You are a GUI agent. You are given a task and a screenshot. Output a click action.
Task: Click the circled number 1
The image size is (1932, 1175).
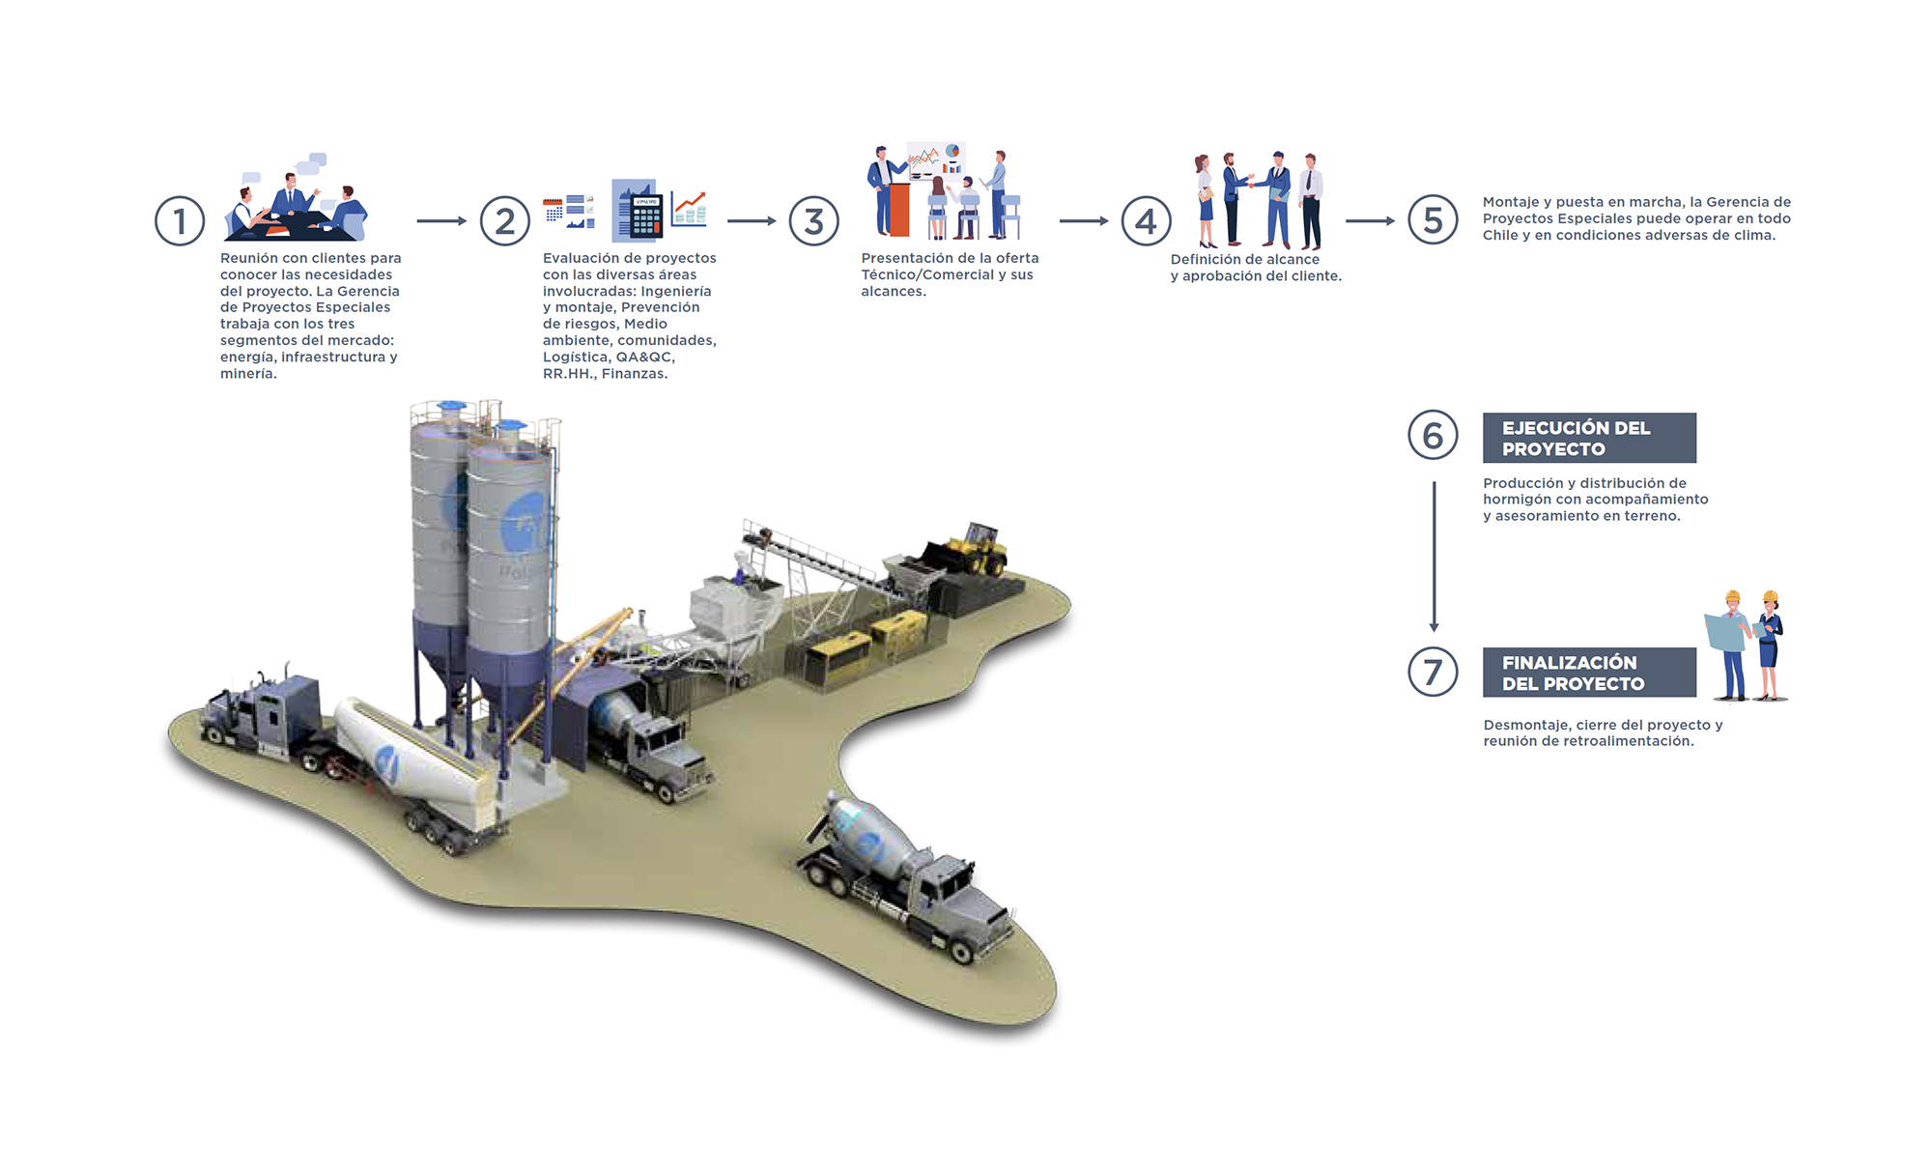click(x=180, y=220)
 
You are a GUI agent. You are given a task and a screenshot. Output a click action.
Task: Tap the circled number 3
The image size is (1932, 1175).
click(x=813, y=220)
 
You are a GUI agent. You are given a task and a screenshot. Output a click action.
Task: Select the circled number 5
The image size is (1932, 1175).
click(x=1433, y=220)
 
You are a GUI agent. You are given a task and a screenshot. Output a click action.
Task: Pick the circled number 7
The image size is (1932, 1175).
click(x=1433, y=672)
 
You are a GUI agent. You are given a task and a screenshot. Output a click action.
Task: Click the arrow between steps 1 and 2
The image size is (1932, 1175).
click(x=441, y=221)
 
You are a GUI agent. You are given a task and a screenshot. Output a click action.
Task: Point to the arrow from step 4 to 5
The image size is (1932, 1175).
click(x=1370, y=221)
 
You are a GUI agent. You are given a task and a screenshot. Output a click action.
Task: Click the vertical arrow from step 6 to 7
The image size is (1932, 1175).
click(x=1434, y=556)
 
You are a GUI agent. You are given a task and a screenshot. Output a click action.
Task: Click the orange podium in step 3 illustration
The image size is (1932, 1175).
click(x=899, y=209)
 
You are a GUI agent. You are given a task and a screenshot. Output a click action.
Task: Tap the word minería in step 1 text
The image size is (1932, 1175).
click(x=248, y=374)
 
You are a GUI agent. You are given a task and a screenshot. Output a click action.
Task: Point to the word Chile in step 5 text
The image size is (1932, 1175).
click(x=1500, y=235)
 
